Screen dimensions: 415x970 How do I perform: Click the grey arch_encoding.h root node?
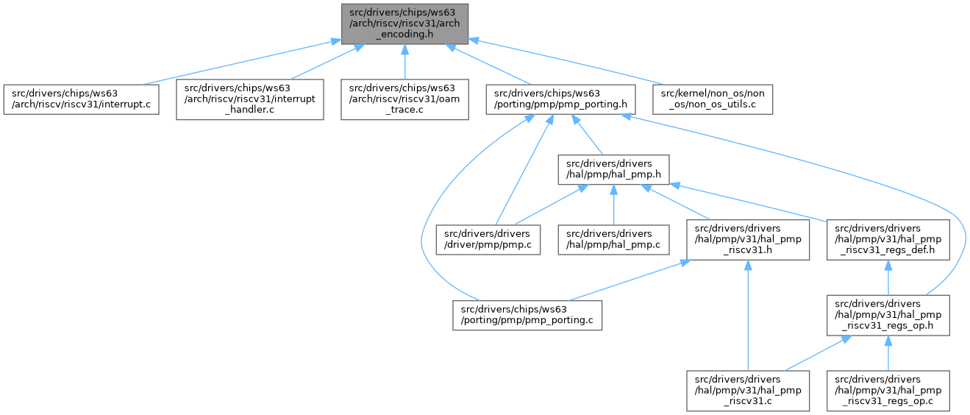point(404,24)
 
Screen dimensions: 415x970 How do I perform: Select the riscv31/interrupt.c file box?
point(81,100)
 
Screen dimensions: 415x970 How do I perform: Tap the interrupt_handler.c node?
point(249,100)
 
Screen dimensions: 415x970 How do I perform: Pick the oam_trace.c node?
point(404,100)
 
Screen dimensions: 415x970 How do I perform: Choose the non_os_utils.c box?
point(713,100)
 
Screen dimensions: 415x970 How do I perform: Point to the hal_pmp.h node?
point(613,171)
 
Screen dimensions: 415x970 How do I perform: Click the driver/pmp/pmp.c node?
point(488,239)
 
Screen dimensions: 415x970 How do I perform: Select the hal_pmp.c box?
point(613,239)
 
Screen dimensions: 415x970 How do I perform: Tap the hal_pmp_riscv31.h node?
point(747,239)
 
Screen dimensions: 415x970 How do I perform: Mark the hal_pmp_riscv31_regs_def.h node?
point(888,239)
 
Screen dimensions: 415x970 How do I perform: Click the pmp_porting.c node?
point(527,315)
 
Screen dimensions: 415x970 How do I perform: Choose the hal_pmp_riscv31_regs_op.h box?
point(888,315)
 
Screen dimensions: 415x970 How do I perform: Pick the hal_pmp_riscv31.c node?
point(747,390)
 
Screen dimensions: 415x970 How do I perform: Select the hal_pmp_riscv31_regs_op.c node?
point(888,390)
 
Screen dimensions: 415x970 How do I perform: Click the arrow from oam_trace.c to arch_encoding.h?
point(404,63)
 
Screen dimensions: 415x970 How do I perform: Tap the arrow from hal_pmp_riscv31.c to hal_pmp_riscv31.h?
point(747,316)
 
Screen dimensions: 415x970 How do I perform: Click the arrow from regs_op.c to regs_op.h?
point(888,353)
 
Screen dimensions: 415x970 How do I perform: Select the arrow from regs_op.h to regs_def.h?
point(888,278)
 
